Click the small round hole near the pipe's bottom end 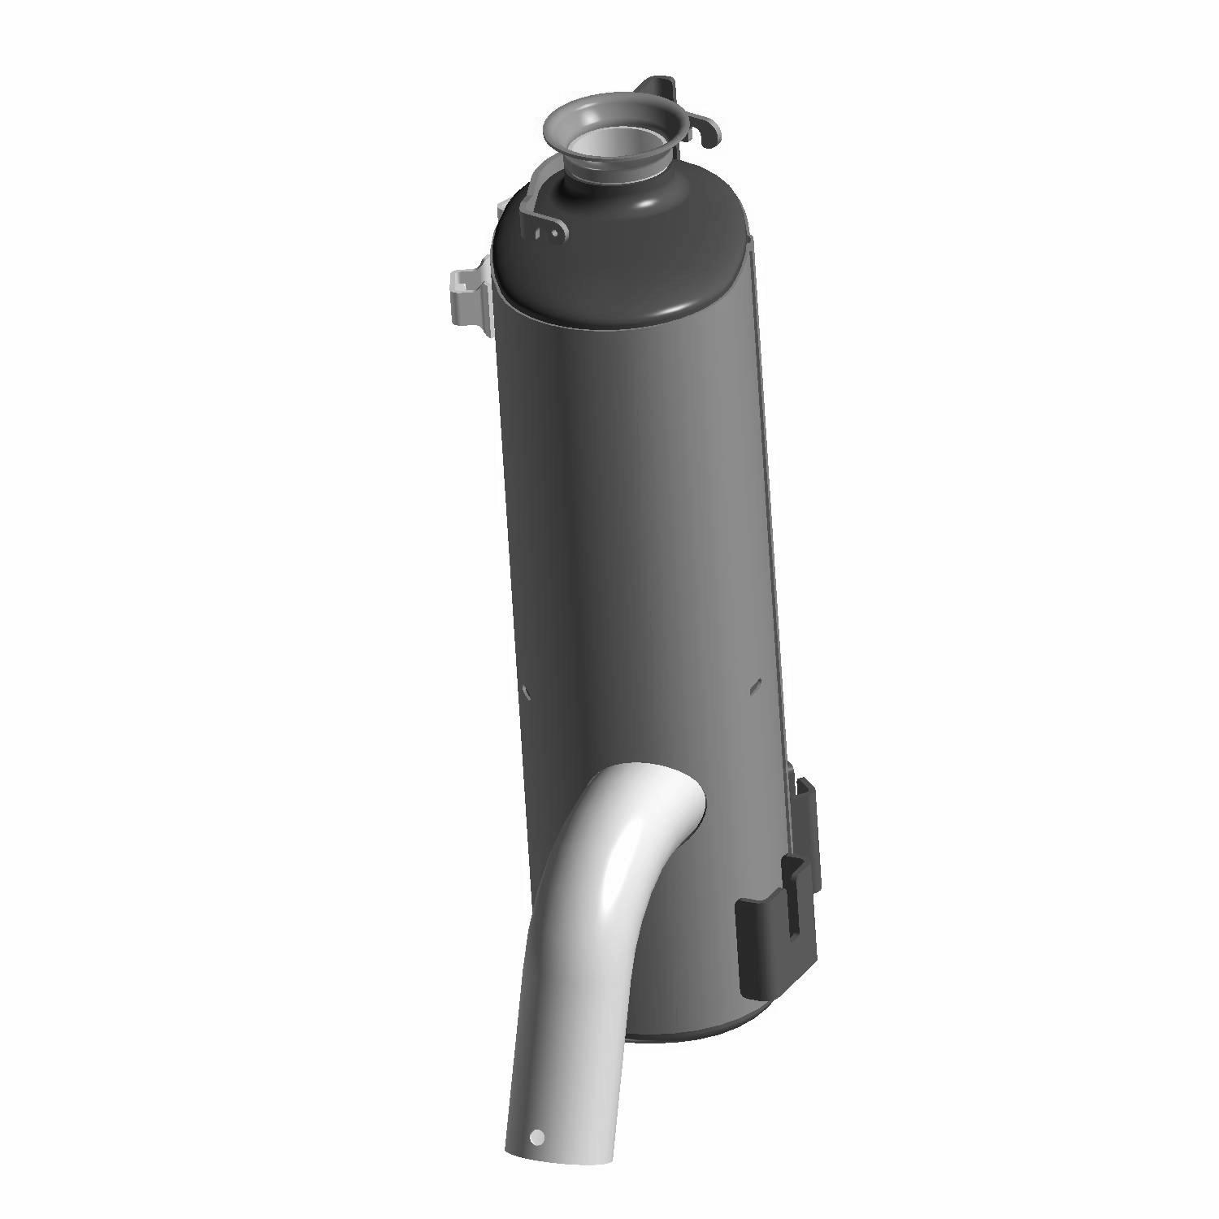click(536, 1137)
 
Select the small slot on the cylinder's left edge click(526, 692)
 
